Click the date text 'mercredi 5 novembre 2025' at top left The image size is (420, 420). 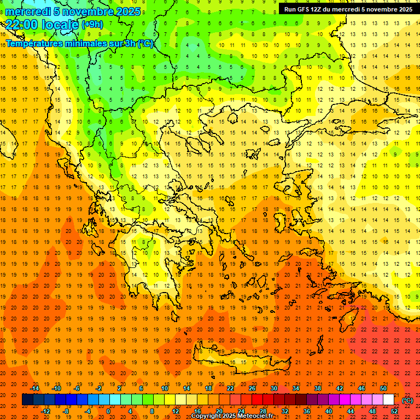pyautogui.click(x=73, y=11)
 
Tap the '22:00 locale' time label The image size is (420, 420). pyautogui.click(x=42, y=24)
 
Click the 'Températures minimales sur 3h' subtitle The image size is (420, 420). pyautogui.click(x=79, y=44)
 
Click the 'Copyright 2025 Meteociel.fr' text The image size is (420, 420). pyautogui.click(x=232, y=416)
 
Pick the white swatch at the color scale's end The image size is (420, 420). pyautogui.click(x=388, y=400)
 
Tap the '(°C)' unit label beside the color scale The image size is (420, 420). pyautogui.click(x=407, y=400)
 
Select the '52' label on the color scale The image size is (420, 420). pyautogui.click(x=394, y=411)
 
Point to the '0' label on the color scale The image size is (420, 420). pyautogui.click(x=108, y=411)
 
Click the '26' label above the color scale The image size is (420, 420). pyautogui.click(x=252, y=388)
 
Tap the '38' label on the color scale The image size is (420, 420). pyautogui.click(x=318, y=388)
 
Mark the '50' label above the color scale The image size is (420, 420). pyautogui.click(x=383, y=388)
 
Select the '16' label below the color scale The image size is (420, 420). pyautogui.click(x=197, y=411)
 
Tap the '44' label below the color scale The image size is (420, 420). pyautogui.click(x=351, y=411)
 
